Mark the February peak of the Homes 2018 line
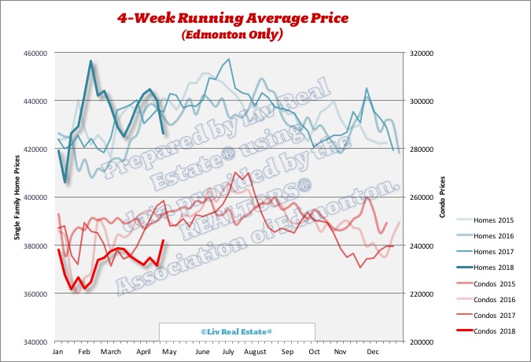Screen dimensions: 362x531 (x=91, y=61)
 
